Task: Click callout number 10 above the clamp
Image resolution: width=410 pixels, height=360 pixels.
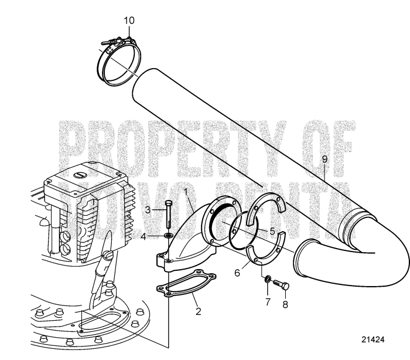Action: click(x=129, y=21)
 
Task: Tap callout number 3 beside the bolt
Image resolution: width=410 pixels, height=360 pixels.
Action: click(x=148, y=209)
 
